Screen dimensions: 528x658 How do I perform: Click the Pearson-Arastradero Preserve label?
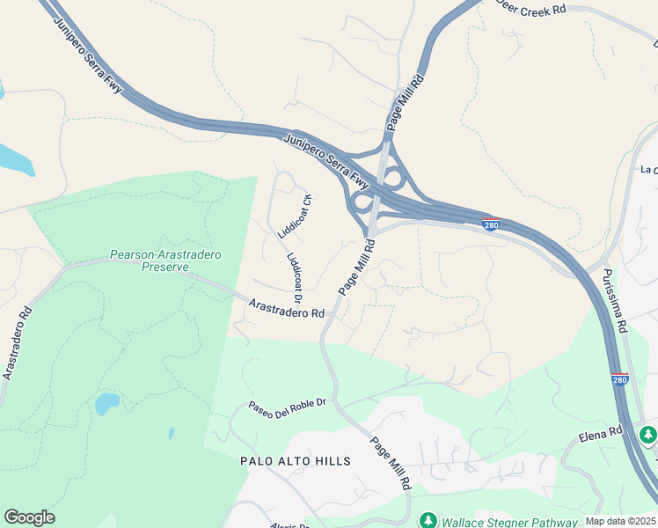pos(165,260)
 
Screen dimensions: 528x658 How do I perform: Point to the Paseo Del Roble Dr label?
pos(287,409)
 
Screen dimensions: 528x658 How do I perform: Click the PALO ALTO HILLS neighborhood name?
pos(296,461)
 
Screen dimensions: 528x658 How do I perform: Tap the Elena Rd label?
pos(601,434)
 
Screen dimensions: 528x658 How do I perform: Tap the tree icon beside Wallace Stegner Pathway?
pos(428,520)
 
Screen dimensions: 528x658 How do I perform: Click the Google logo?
pos(29,517)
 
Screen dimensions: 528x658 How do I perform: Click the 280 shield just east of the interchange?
pos(492,224)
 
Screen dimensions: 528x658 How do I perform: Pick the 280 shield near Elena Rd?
pos(620,379)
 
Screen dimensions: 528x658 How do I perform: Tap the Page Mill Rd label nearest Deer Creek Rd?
pos(404,104)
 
